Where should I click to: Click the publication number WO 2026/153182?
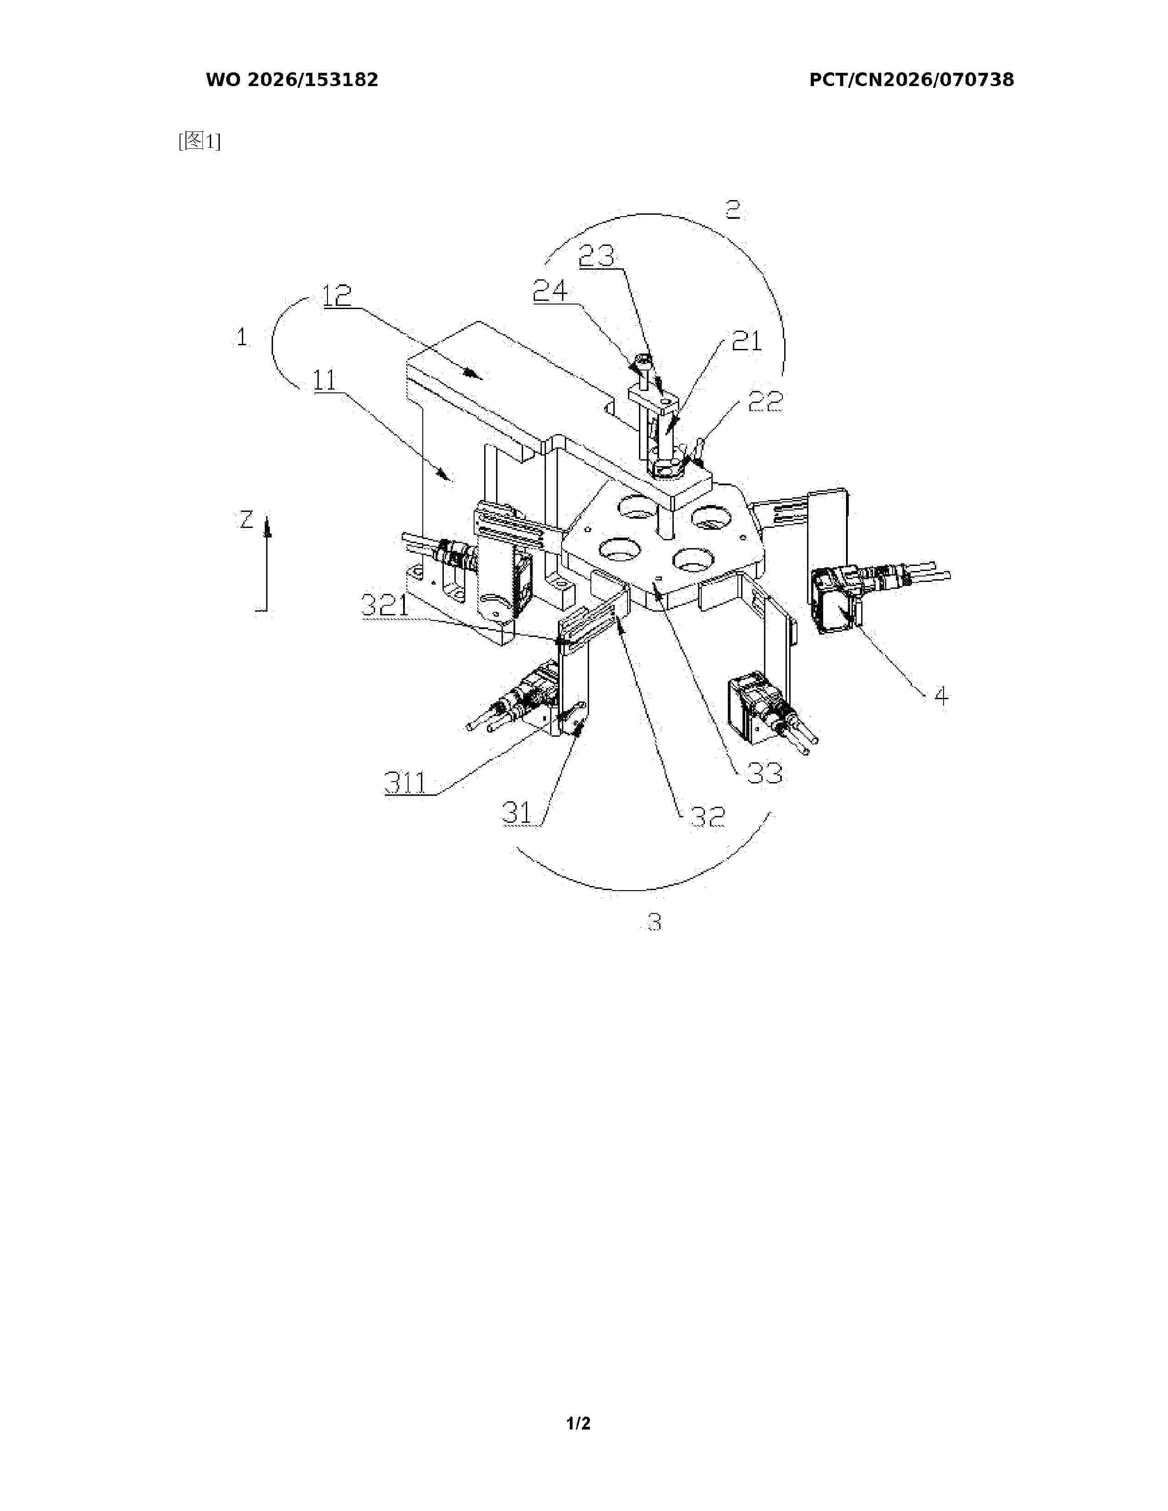coord(292,80)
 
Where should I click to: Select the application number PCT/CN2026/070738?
coord(911,80)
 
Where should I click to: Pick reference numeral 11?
coord(325,380)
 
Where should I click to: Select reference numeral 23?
coord(596,256)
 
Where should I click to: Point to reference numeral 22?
coord(765,401)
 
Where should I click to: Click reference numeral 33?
coord(764,773)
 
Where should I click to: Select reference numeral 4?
coord(941,696)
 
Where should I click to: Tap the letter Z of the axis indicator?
coord(246,520)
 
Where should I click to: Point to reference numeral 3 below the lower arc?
coord(654,922)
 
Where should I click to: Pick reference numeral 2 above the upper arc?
coord(733,209)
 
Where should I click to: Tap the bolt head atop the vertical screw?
coord(641,360)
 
